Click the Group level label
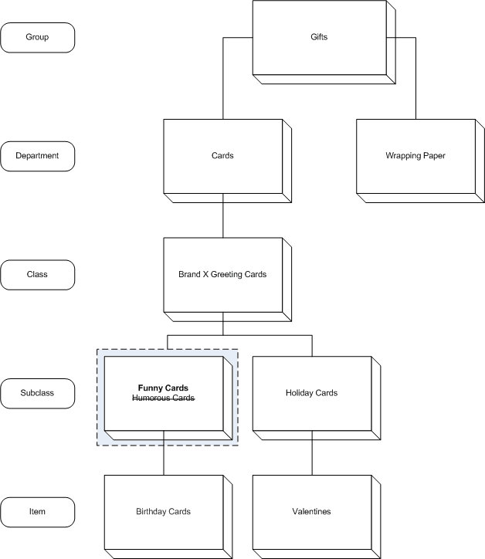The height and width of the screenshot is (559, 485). tap(38, 37)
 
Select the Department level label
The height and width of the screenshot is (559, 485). tap(38, 156)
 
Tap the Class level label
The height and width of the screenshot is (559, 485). tap(38, 274)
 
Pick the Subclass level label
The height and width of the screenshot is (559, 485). tap(38, 393)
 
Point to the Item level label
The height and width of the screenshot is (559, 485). tap(38, 511)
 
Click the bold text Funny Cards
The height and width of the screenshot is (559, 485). tap(163, 388)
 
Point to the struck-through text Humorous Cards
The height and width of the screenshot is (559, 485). tap(163, 398)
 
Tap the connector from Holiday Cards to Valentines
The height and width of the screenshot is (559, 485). tap(312, 455)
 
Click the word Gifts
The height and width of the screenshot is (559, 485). tap(318, 37)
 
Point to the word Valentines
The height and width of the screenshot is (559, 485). tap(311, 511)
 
